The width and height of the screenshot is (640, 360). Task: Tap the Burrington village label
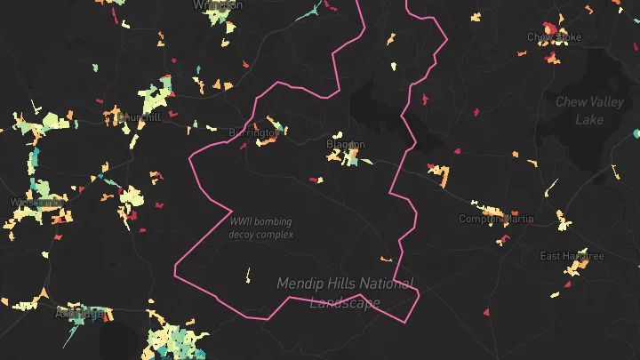[x=253, y=132]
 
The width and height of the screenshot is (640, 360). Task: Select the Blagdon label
[x=346, y=144]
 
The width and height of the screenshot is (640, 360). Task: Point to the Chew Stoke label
[x=553, y=37]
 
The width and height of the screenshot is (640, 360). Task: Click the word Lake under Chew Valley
[x=589, y=120]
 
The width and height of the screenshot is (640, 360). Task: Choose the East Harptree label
[x=572, y=256]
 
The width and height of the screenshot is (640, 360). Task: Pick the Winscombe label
[x=36, y=203]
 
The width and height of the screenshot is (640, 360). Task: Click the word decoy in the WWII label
[x=244, y=235]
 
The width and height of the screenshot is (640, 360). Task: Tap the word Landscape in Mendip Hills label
[x=345, y=302]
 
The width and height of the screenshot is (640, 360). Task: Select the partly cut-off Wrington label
[x=218, y=4]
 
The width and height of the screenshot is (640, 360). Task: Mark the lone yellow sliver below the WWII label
[x=247, y=275]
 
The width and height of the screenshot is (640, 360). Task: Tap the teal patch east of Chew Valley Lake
[x=636, y=133]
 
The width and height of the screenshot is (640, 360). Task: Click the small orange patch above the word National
[x=386, y=259]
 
